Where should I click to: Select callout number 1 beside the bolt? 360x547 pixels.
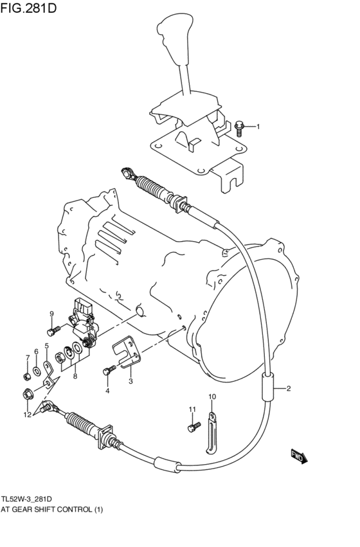click(x=258, y=127)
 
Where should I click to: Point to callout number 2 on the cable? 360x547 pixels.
click(x=289, y=388)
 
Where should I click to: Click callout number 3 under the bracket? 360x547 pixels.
click(x=130, y=382)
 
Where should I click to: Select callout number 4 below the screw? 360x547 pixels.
click(x=107, y=391)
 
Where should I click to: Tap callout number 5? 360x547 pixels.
click(x=46, y=346)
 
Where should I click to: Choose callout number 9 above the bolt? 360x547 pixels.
click(x=52, y=314)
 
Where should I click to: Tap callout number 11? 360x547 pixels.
click(x=192, y=409)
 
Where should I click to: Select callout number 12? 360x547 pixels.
click(x=27, y=415)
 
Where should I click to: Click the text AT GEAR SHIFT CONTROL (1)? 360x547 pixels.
click(x=52, y=510)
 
